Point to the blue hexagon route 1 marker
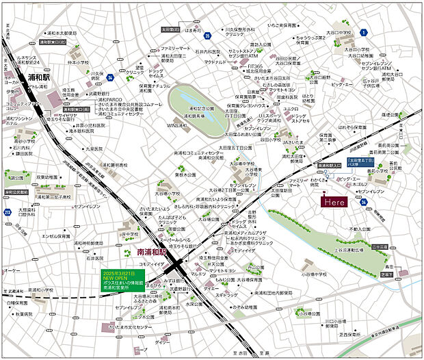click(x=364, y=32)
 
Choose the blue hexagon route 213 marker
click(x=8, y=213)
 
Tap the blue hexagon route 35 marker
click(x=197, y=44)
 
